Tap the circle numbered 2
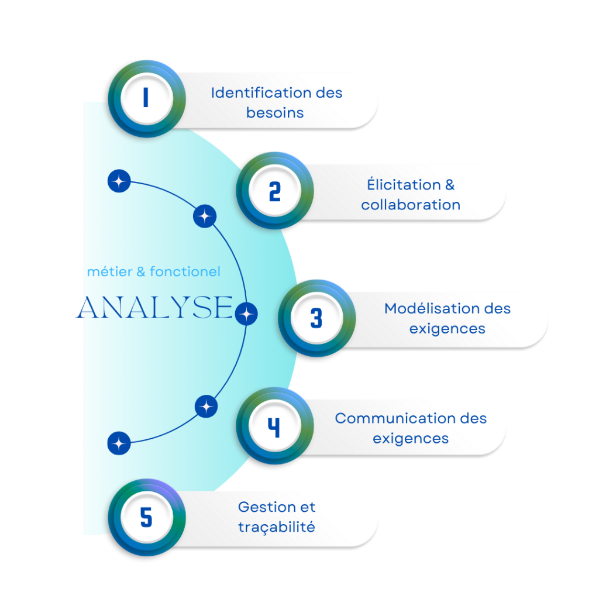[x=274, y=191]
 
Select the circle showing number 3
[x=316, y=318]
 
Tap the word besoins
[x=275, y=113]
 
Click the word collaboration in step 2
[x=411, y=205]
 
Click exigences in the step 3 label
[x=447, y=329]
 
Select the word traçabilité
[x=277, y=527]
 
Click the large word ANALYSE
[x=154, y=308]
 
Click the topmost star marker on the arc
[x=119, y=182]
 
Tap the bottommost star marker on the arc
[x=119, y=443]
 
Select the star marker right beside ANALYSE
[x=246, y=315]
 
